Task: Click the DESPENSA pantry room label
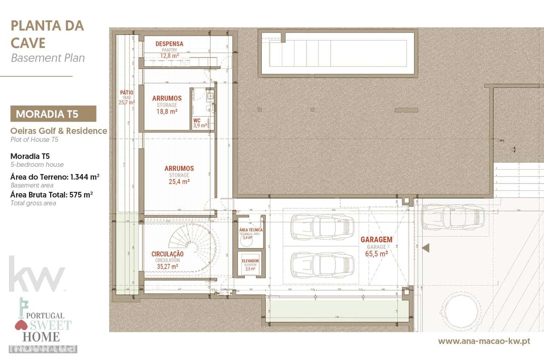click(x=169, y=44)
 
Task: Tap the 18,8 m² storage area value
click(x=167, y=112)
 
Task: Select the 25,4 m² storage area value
click(x=179, y=181)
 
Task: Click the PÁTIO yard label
click(x=126, y=93)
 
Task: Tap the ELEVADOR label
click(x=250, y=261)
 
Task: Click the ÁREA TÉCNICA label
click(x=251, y=230)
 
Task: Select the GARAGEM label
click(x=377, y=239)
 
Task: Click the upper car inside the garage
click(x=322, y=227)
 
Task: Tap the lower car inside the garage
click(x=322, y=265)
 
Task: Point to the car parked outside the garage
click(x=453, y=216)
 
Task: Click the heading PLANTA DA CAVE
click(x=47, y=34)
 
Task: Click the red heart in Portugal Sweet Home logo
click(x=21, y=326)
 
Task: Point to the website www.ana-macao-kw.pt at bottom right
click(x=484, y=341)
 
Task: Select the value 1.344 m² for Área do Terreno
click(x=82, y=177)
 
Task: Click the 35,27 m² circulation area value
click(x=167, y=267)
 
